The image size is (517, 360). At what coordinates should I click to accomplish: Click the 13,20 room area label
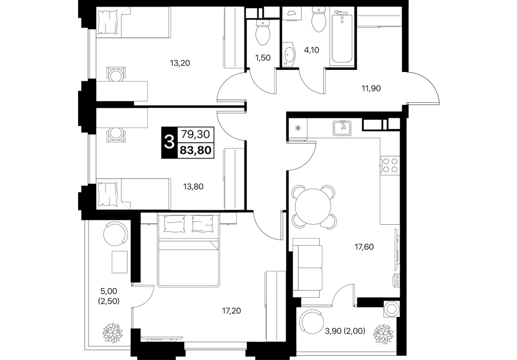[180, 63]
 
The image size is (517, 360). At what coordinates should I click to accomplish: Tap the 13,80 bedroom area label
[193, 187]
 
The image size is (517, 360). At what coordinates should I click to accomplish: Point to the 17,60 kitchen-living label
[364, 246]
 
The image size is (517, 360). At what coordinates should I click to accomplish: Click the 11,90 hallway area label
[371, 88]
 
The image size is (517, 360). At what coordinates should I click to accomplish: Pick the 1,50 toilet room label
[263, 58]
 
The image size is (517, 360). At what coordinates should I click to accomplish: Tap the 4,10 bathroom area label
[311, 50]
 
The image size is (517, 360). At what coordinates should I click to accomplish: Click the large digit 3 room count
[169, 142]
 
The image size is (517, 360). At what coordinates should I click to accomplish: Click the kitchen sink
[342, 128]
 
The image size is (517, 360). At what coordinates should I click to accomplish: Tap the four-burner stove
[390, 165]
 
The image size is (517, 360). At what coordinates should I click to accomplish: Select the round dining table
[313, 207]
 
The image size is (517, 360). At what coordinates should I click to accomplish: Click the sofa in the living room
[307, 267]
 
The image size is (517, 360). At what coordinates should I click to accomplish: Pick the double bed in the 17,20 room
[188, 250]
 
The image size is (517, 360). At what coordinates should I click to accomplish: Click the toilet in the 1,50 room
[263, 32]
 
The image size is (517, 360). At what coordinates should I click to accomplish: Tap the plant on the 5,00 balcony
[113, 333]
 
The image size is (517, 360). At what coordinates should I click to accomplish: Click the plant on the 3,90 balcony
[383, 334]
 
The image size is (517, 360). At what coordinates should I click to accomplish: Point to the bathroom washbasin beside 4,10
[289, 54]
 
